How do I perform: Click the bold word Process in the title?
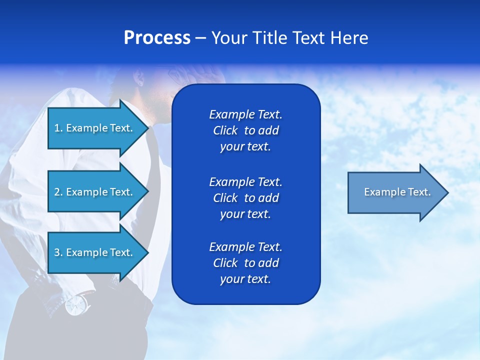[x=157, y=38]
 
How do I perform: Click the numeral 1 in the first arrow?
[x=57, y=128]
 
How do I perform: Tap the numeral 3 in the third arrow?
[x=57, y=252]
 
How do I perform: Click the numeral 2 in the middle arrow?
[x=57, y=192]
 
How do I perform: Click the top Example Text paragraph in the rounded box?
[x=245, y=130]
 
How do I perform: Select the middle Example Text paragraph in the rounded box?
[x=245, y=198]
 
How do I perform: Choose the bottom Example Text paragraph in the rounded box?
[x=245, y=263]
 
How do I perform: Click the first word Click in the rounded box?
[x=225, y=130]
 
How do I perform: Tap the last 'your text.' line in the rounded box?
[x=245, y=279]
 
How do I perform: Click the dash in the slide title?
[x=200, y=38]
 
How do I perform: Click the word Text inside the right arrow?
[x=419, y=192]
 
